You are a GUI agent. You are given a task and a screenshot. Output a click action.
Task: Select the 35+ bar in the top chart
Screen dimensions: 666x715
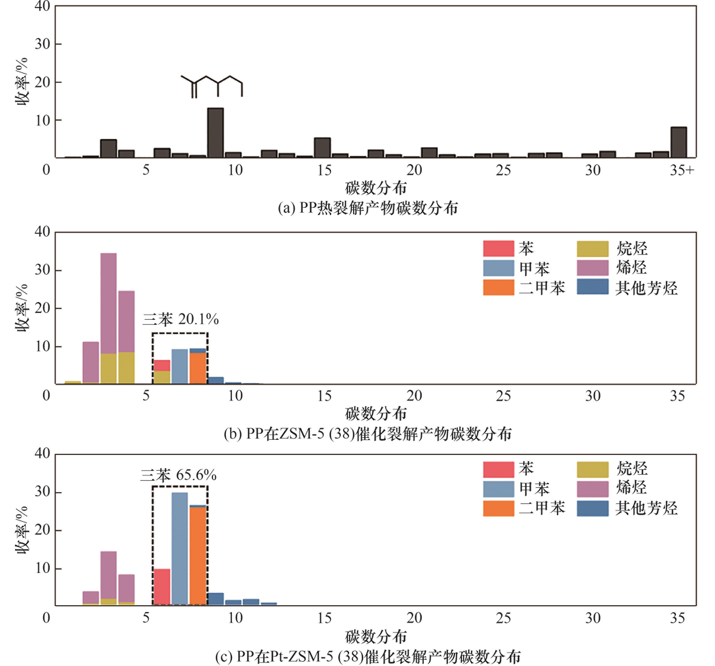[x=678, y=142]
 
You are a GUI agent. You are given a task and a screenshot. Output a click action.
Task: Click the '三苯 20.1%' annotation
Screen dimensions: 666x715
[x=181, y=319]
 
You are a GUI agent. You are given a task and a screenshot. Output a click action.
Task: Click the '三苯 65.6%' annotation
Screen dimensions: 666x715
[x=178, y=475]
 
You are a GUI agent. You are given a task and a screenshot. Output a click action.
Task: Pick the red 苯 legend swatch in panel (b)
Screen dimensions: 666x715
[x=499, y=248]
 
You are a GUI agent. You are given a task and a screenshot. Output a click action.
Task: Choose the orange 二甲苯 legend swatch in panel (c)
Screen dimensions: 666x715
[x=499, y=508]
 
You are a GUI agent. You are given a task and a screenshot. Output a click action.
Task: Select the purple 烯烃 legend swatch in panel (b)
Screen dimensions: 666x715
[x=592, y=268]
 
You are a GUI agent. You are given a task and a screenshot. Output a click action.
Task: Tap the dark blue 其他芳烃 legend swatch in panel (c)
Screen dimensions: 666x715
[x=592, y=508]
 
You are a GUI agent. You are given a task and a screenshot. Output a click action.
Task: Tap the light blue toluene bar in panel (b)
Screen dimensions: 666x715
[x=180, y=366]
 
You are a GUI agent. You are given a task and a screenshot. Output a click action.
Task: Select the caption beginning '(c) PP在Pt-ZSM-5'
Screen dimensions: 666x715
[x=367, y=657]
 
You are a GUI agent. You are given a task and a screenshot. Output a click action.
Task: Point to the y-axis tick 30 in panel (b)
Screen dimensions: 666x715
[x=42, y=270]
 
